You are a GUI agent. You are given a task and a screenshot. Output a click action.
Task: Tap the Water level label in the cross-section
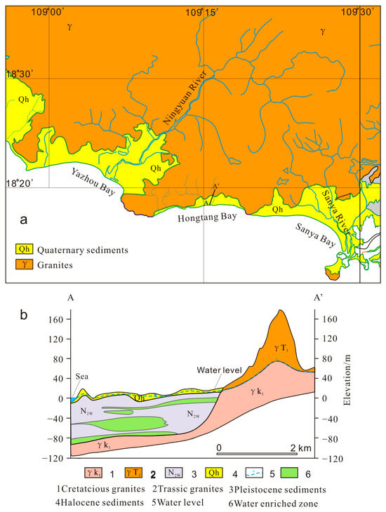[x=216, y=370]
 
